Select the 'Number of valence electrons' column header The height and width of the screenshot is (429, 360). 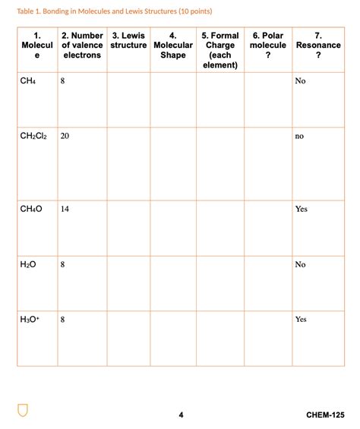click(x=82, y=46)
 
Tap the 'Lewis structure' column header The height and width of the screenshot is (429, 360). click(x=128, y=41)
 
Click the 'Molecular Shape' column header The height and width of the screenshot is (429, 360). click(x=173, y=46)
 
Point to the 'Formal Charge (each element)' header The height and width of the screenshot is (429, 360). click(x=220, y=50)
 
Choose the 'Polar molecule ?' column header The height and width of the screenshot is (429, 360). click(x=267, y=46)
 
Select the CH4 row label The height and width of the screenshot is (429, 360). click(x=28, y=81)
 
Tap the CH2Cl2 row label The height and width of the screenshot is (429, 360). click(x=34, y=137)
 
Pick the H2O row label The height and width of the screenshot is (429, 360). click(x=29, y=264)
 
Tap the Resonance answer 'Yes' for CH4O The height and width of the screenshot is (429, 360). click(x=301, y=209)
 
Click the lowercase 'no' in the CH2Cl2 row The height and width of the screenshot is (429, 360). click(x=299, y=137)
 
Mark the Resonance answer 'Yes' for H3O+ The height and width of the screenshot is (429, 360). click(x=301, y=320)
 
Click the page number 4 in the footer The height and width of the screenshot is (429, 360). click(x=181, y=415)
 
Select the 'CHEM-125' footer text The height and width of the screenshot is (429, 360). click(x=324, y=415)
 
